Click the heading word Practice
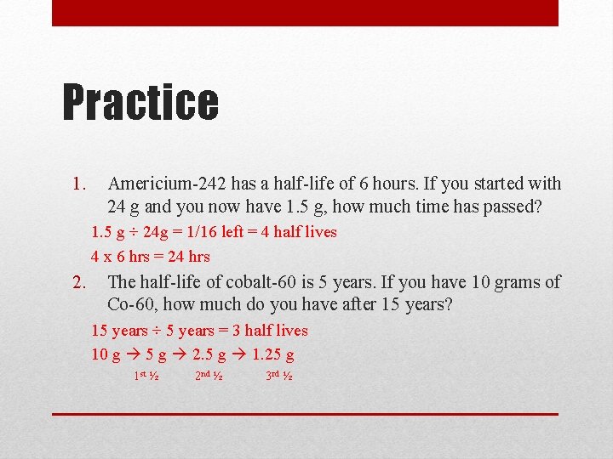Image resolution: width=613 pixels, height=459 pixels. [140, 101]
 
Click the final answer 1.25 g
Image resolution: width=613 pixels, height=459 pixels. [268, 354]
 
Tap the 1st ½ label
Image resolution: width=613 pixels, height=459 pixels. [146, 376]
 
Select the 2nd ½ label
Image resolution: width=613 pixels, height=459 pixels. [209, 376]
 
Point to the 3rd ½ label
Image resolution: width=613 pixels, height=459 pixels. [279, 376]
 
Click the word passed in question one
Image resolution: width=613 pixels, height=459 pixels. [514, 207]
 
